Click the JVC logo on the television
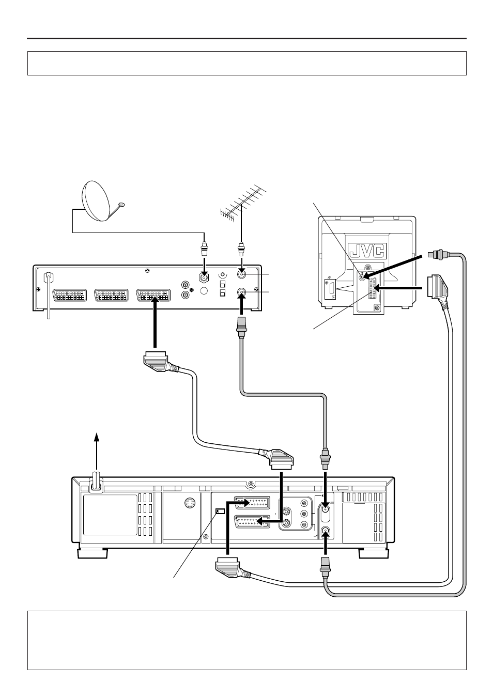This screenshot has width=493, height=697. click(367, 251)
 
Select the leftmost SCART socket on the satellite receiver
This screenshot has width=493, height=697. click(70, 296)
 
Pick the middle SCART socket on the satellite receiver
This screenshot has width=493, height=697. click(112, 296)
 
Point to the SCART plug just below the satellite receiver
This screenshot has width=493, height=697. click(158, 361)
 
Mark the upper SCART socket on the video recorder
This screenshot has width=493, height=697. click(252, 502)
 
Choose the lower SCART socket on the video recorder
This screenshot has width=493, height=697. click(252, 522)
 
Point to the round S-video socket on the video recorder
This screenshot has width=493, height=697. click(189, 503)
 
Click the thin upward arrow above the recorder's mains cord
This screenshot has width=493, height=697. click(97, 451)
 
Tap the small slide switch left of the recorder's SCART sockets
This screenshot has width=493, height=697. click(220, 511)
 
